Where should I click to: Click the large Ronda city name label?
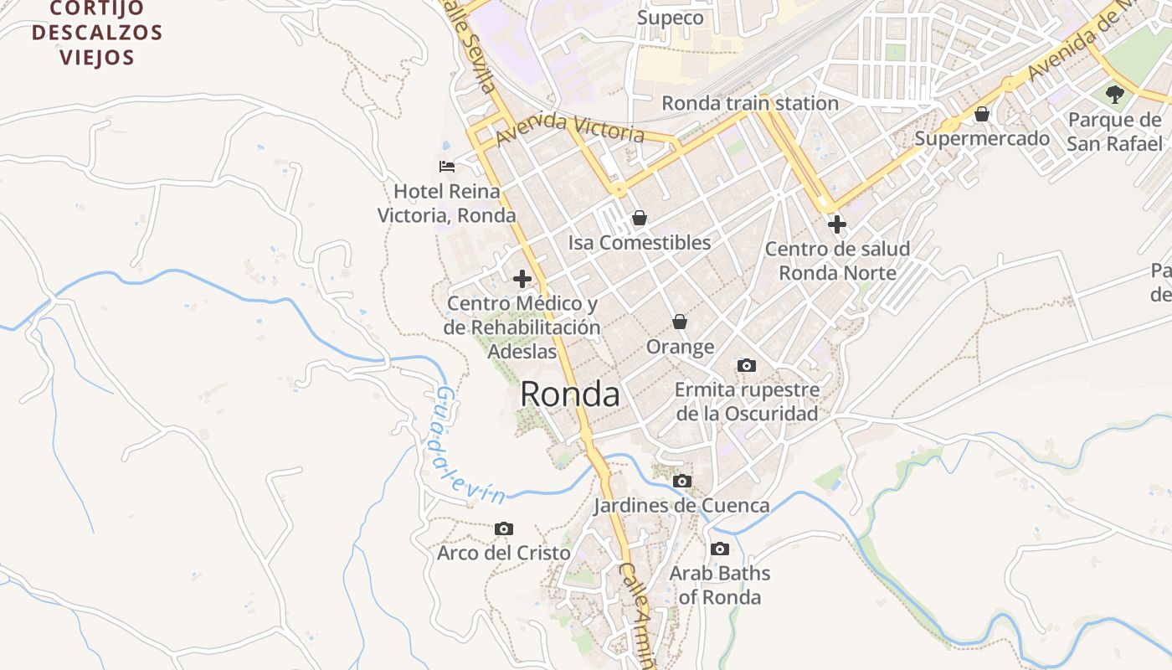[570, 394]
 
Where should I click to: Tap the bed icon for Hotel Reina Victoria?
[447, 166]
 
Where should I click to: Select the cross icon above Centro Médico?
[522, 279]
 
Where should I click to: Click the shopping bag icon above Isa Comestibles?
[640, 219]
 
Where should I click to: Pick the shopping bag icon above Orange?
[680, 322]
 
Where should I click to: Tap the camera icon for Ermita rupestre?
[746, 365]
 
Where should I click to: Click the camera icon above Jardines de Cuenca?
[682, 481]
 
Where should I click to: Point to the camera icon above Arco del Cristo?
[503, 528]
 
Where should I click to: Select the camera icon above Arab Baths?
[719, 549]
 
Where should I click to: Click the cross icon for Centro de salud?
[836, 224]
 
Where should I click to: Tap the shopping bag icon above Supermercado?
[982, 114]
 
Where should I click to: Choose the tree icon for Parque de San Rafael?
[1114, 93]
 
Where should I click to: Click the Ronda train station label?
[750, 103]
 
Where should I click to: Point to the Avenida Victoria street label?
[570, 129]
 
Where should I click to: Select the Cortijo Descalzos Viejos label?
[97, 33]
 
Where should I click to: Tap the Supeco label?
[670, 18]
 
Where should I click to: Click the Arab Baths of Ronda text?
[720, 585]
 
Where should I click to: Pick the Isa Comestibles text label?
[640, 243]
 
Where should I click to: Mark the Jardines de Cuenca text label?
[681, 506]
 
